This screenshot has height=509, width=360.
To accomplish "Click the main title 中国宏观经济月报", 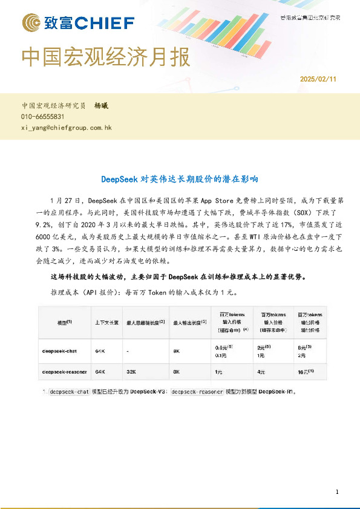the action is point(106,57).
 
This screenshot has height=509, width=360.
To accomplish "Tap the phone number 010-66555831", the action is point(43,117).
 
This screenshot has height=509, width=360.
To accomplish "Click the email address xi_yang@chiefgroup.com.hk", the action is point(67,128).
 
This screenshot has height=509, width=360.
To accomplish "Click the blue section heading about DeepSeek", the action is point(179,179).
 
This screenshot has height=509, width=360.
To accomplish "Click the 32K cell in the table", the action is point(131,371).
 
